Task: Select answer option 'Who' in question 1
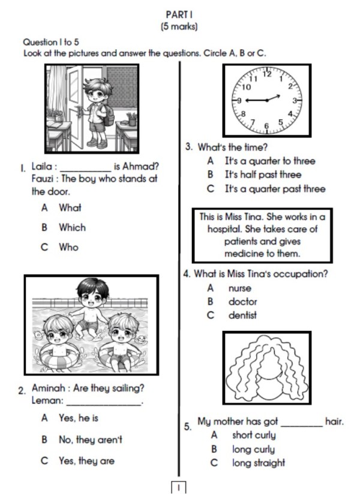68,247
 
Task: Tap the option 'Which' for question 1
72,228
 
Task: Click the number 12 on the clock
267,75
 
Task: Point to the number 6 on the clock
267,126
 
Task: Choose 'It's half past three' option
263,175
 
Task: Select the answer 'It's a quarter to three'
269,161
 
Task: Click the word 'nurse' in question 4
240,288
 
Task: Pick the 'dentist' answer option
242,315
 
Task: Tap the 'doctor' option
242,302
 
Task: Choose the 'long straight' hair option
259,463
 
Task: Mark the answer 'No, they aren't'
91,439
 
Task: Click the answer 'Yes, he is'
79,418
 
